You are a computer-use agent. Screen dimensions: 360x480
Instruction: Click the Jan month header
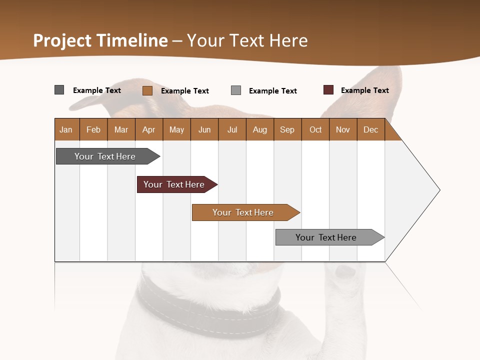(x=66, y=130)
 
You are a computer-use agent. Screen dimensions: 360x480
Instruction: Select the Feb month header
(x=93, y=130)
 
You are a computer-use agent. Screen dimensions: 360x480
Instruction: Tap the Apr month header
(x=148, y=130)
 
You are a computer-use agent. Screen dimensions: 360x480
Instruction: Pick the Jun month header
(x=204, y=130)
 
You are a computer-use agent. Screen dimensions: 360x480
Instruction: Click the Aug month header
(x=259, y=130)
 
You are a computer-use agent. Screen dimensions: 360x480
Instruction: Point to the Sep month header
(x=287, y=130)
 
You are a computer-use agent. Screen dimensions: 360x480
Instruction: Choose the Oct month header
(x=315, y=130)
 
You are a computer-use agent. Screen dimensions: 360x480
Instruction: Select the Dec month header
(x=370, y=130)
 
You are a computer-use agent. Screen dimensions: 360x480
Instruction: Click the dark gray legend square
(x=59, y=90)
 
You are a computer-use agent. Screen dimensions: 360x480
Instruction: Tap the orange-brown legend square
(x=147, y=90)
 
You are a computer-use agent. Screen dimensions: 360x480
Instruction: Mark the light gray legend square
(x=236, y=90)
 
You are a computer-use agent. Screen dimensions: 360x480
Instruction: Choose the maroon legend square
(x=328, y=90)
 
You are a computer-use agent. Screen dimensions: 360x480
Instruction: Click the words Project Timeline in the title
(x=100, y=40)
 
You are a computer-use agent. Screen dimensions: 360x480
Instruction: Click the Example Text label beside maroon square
(x=364, y=90)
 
